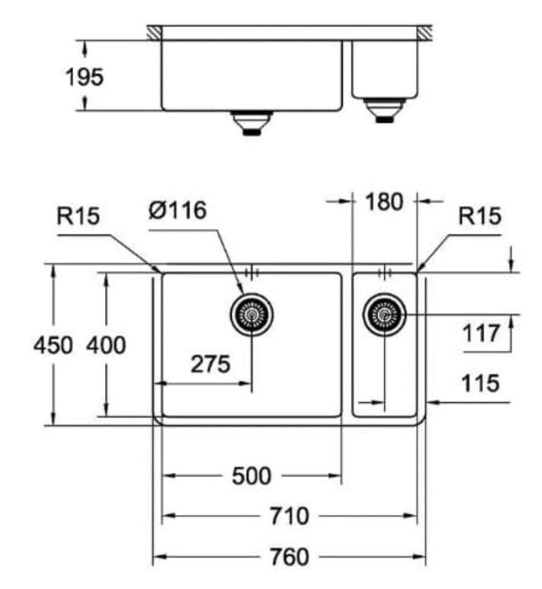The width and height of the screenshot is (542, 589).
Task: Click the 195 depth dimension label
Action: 84,77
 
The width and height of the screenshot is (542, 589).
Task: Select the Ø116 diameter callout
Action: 177,210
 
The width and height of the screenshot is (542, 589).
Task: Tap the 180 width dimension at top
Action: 385,202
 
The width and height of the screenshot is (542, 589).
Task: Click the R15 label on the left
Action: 78,216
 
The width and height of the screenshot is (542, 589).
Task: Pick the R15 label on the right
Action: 480,216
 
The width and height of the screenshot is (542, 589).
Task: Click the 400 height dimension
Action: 106,345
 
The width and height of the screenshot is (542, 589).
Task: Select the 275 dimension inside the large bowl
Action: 210,364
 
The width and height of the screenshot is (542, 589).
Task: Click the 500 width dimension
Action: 251,476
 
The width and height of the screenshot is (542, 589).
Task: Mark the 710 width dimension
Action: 288,515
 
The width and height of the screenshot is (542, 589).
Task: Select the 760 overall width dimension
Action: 288,556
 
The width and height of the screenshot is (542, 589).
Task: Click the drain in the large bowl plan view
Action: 251,315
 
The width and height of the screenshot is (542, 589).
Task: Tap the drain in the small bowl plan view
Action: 385,316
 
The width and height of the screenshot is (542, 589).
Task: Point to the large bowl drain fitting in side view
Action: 251,123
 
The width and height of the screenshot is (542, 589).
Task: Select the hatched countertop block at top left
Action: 155,32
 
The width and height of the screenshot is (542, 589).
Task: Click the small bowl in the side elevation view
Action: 385,67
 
